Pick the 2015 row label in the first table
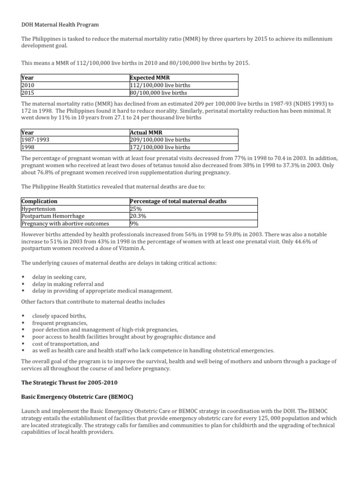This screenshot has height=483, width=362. click(x=29, y=93)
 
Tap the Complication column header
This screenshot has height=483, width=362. click(x=40, y=201)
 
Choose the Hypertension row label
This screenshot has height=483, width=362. click(x=39, y=208)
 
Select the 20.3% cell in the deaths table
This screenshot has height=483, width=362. click(x=138, y=216)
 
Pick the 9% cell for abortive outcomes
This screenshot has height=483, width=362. click(x=134, y=224)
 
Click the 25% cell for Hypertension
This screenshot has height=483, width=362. click(x=136, y=208)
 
